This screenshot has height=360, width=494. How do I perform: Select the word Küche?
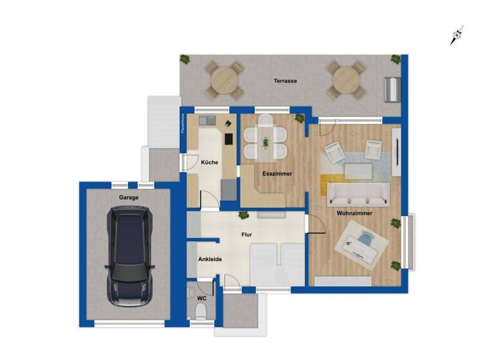[x=210, y=163]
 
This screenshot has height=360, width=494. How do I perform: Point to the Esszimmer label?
[x=277, y=174]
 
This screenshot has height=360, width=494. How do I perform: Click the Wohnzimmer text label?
[x=351, y=213]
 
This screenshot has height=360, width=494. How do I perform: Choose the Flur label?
[x=246, y=235]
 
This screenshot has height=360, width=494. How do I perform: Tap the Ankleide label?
[x=210, y=260]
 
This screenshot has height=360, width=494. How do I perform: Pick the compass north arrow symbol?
[x=457, y=36]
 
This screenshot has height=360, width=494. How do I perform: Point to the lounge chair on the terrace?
[x=391, y=88]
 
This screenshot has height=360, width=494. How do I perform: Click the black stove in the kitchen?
[x=229, y=139]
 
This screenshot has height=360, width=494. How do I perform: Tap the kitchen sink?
[x=207, y=120]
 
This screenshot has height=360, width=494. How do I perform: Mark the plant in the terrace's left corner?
[x=185, y=60]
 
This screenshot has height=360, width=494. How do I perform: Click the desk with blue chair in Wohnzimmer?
[x=362, y=242]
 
